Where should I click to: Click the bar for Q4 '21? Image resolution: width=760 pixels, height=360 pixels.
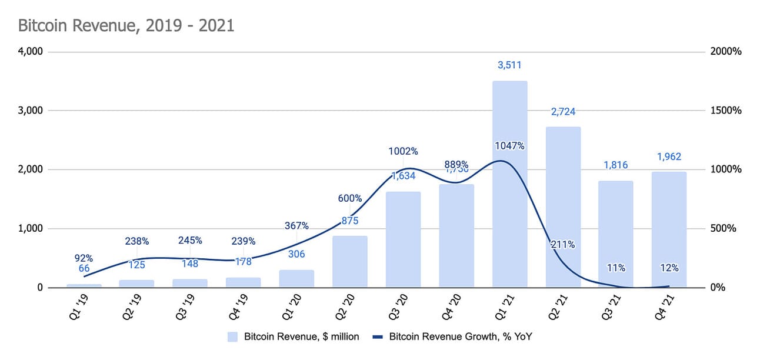[669, 229]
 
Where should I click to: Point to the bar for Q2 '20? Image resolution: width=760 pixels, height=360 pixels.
[350, 262]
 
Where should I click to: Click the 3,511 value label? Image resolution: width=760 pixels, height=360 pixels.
[509, 65]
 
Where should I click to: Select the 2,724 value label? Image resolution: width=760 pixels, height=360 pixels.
[563, 112]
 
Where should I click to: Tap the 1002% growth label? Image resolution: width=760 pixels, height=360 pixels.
[403, 151]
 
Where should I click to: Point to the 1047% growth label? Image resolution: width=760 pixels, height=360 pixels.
[509, 145]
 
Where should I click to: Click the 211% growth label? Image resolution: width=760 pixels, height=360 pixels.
[563, 245]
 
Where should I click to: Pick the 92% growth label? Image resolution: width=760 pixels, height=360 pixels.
[84, 257]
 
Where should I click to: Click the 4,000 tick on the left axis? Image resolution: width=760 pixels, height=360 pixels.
[31, 52]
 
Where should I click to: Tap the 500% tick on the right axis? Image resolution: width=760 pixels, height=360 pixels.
[723, 229]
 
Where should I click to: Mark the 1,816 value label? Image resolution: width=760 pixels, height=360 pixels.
[616, 166]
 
